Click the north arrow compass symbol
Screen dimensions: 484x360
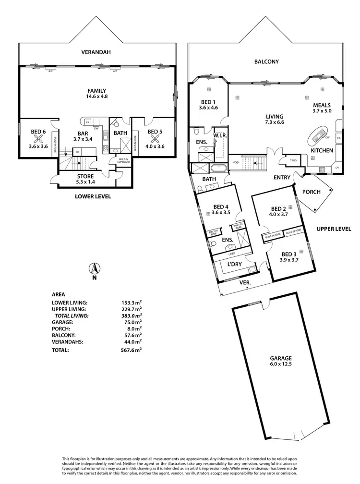pos(95,268)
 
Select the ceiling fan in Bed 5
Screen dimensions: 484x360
pos(155,139)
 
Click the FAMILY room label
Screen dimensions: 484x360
pos(96,91)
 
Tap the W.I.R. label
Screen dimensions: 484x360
pos(220,136)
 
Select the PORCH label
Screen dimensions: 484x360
pos(311,192)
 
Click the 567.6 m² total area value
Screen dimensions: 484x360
pos(132,350)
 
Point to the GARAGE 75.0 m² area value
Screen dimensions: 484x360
pos(132,322)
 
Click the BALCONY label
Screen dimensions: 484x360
pos(267,61)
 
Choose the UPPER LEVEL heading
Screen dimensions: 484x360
pos(334,229)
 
